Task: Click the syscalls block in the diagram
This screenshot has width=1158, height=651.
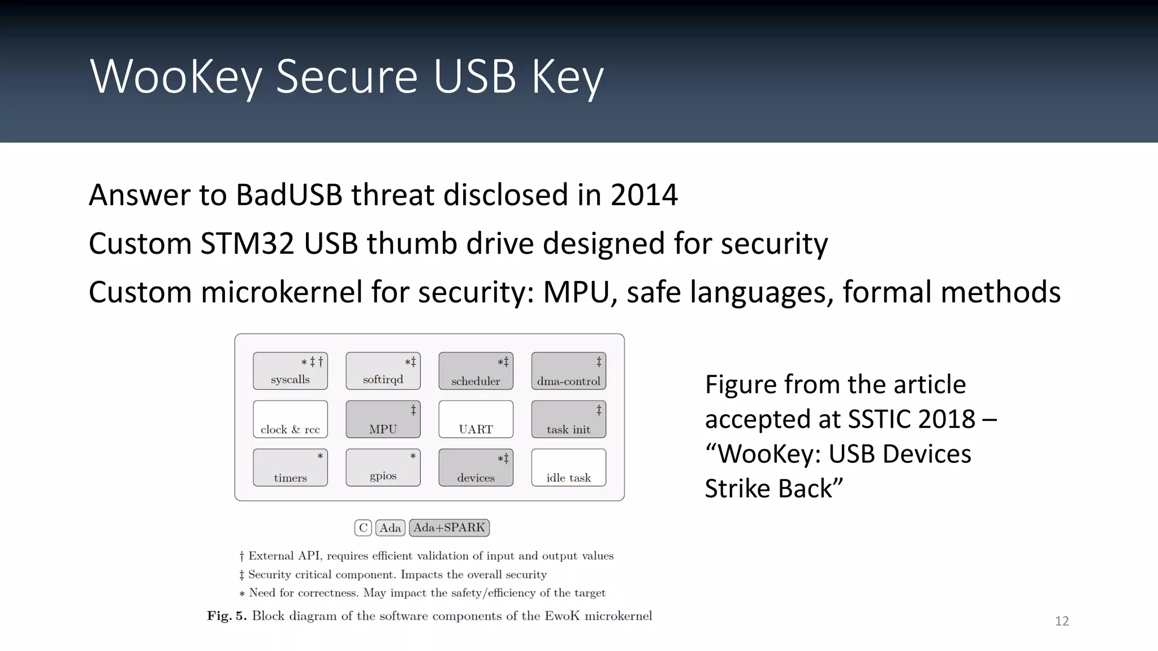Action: [290, 371]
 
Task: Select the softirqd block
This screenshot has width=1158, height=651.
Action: [383, 371]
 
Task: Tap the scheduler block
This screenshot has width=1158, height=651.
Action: [476, 371]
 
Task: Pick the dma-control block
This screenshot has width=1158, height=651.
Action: [568, 371]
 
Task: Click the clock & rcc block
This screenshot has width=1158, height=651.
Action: [290, 419]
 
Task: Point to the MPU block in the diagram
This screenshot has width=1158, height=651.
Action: [383, 419]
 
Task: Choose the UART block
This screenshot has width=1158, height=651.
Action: [476, 419]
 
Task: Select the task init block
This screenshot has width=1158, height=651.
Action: [568, 419]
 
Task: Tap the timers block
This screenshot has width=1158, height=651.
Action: [290, 467]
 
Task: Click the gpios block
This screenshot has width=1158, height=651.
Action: [383, 467]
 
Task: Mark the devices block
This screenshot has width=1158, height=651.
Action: [476, 467]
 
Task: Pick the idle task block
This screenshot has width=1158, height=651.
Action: [568, 467]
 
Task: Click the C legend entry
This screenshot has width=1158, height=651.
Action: [363, 528]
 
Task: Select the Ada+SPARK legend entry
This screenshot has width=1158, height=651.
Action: [449, 528]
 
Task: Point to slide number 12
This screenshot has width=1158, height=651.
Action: [1061, 621]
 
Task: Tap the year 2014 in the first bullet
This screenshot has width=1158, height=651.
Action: [643, 195]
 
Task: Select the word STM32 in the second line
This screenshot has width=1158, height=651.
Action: [247, 244]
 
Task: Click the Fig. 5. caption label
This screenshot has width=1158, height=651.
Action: [227, 616]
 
